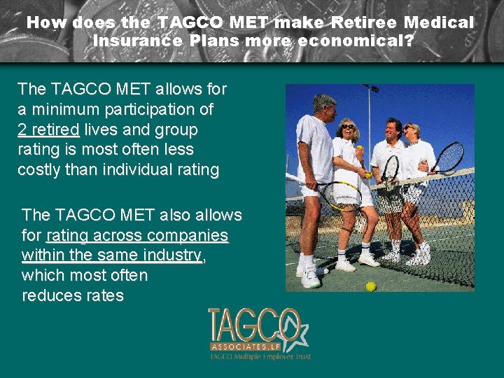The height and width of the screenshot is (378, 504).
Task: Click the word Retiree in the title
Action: pos(365,22)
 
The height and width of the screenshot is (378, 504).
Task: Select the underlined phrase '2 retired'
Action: pos(48,129)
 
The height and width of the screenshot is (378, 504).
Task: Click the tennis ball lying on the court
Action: pos(371,286)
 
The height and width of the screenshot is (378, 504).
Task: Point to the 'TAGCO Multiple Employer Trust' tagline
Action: pos(260,356)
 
